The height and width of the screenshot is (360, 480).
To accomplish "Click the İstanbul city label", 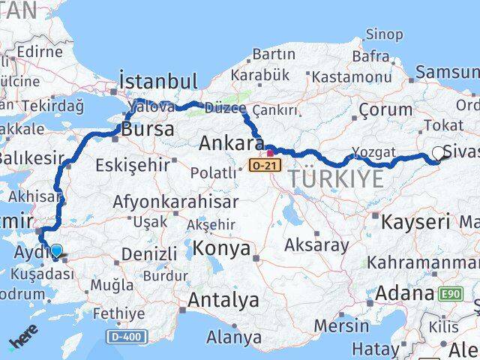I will point(158,81).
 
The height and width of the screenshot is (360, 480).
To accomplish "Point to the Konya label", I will point(221,247).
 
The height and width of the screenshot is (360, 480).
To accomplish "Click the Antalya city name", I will point(223,301).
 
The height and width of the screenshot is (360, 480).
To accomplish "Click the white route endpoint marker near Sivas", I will point(438,153).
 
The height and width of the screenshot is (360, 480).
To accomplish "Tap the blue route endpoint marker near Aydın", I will point(56,250).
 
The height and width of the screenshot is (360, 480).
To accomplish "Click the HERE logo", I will point(22,341).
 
